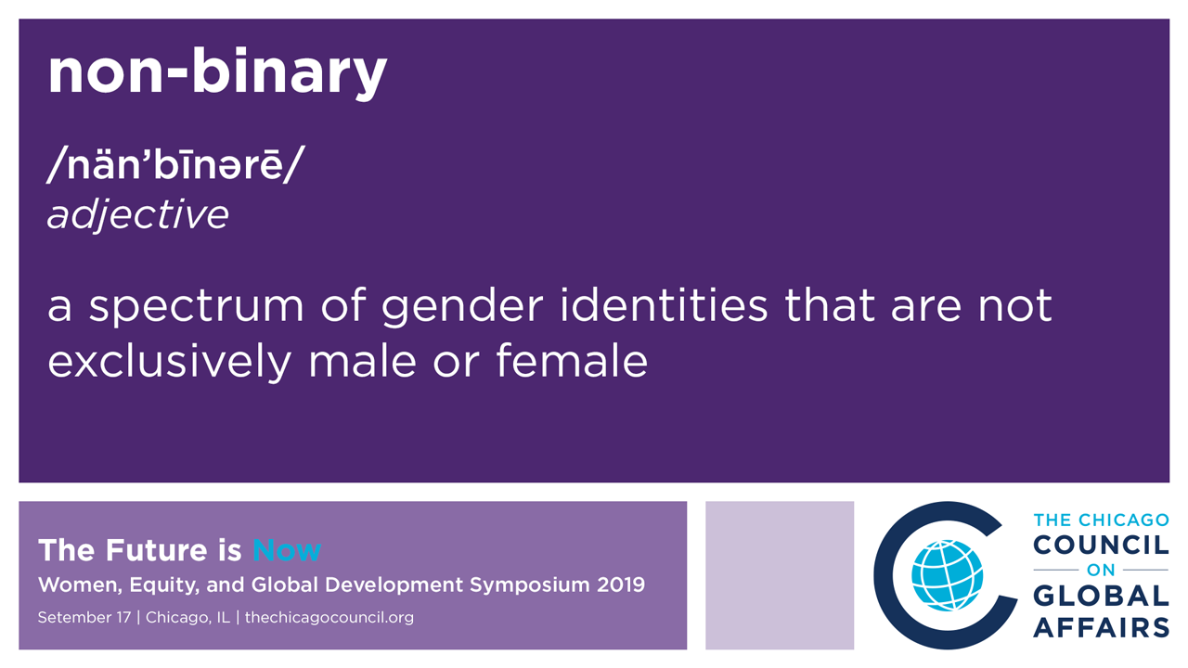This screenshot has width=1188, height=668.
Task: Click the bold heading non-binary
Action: [x=217, y=72]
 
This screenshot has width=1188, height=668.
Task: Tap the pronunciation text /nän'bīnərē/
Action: [x=175, y=164]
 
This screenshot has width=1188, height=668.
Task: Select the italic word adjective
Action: [x=138, y=214]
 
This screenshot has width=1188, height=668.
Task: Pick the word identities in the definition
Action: [x=664, y=305]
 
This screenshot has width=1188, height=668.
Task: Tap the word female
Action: [x=572, y=361]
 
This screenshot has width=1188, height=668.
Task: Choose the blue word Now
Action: [x=287, y=550]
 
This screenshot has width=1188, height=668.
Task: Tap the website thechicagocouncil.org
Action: [x=329, y=618]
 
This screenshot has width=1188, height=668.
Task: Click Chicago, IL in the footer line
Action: [x=187, y=618]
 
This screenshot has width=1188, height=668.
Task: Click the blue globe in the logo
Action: [x=948, y=575]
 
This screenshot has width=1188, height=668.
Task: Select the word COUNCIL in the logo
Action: [x=1101, y=545]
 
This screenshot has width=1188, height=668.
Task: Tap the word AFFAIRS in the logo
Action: [x=1101, y=627]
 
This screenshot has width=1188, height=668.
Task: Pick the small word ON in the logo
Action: [x=1101, y=570]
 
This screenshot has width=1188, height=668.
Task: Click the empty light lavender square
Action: [x=780, y=575]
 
